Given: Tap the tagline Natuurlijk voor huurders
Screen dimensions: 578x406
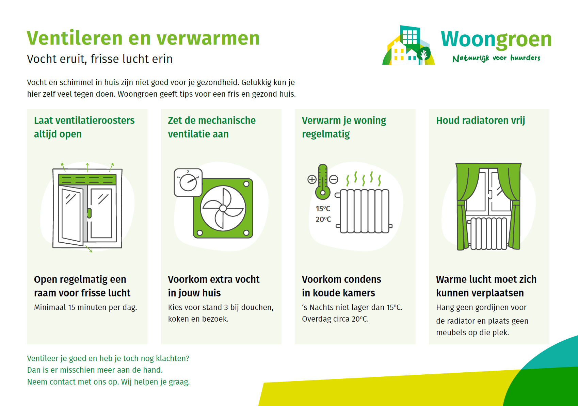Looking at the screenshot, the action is pos(496,58).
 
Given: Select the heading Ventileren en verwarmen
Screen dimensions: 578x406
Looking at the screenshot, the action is pos(143,38).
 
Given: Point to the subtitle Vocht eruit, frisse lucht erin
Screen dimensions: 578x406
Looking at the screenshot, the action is pos(100,59).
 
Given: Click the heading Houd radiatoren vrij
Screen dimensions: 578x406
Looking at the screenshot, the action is pos(480,120).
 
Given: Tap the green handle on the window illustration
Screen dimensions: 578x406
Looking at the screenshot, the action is pos(89,213).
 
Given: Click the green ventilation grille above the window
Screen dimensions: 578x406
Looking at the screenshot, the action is pos(87,180).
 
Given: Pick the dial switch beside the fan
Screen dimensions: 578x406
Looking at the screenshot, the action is pos(188,183).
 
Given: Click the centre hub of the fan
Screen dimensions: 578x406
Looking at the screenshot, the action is pos(223,208).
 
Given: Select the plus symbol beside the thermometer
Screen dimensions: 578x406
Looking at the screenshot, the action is pos(312,179).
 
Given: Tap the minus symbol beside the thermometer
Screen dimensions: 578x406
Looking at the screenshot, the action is pos(334,179).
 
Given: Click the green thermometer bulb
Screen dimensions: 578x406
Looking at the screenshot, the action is pos(323,192).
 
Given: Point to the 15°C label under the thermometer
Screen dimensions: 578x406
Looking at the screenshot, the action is pos(323,209).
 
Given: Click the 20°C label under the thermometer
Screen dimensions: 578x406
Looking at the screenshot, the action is pos(323,219).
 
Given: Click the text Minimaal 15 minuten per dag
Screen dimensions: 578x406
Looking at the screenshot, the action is pos(85,307).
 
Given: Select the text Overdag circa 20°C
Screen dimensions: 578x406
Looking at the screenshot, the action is pos(335,319).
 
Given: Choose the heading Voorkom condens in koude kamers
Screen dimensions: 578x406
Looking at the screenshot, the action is pos(341,286).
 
